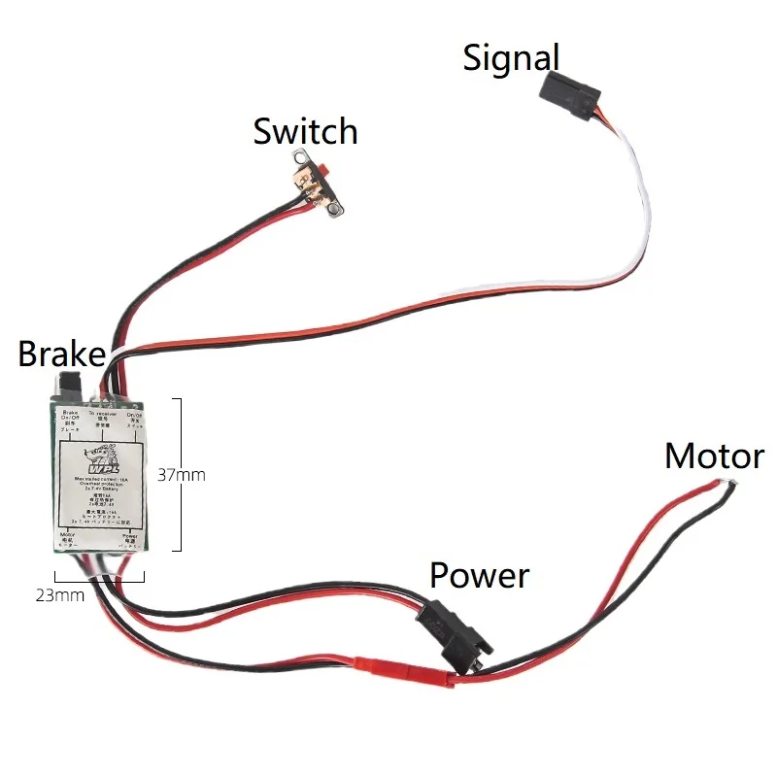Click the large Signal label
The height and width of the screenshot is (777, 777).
511,57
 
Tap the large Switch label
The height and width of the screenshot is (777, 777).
305,131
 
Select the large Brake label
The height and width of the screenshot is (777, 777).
60,354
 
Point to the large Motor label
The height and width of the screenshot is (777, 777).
714,456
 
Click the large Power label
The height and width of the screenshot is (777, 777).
479,575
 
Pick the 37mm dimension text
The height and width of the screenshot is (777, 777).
182,475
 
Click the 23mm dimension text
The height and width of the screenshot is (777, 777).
61,595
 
